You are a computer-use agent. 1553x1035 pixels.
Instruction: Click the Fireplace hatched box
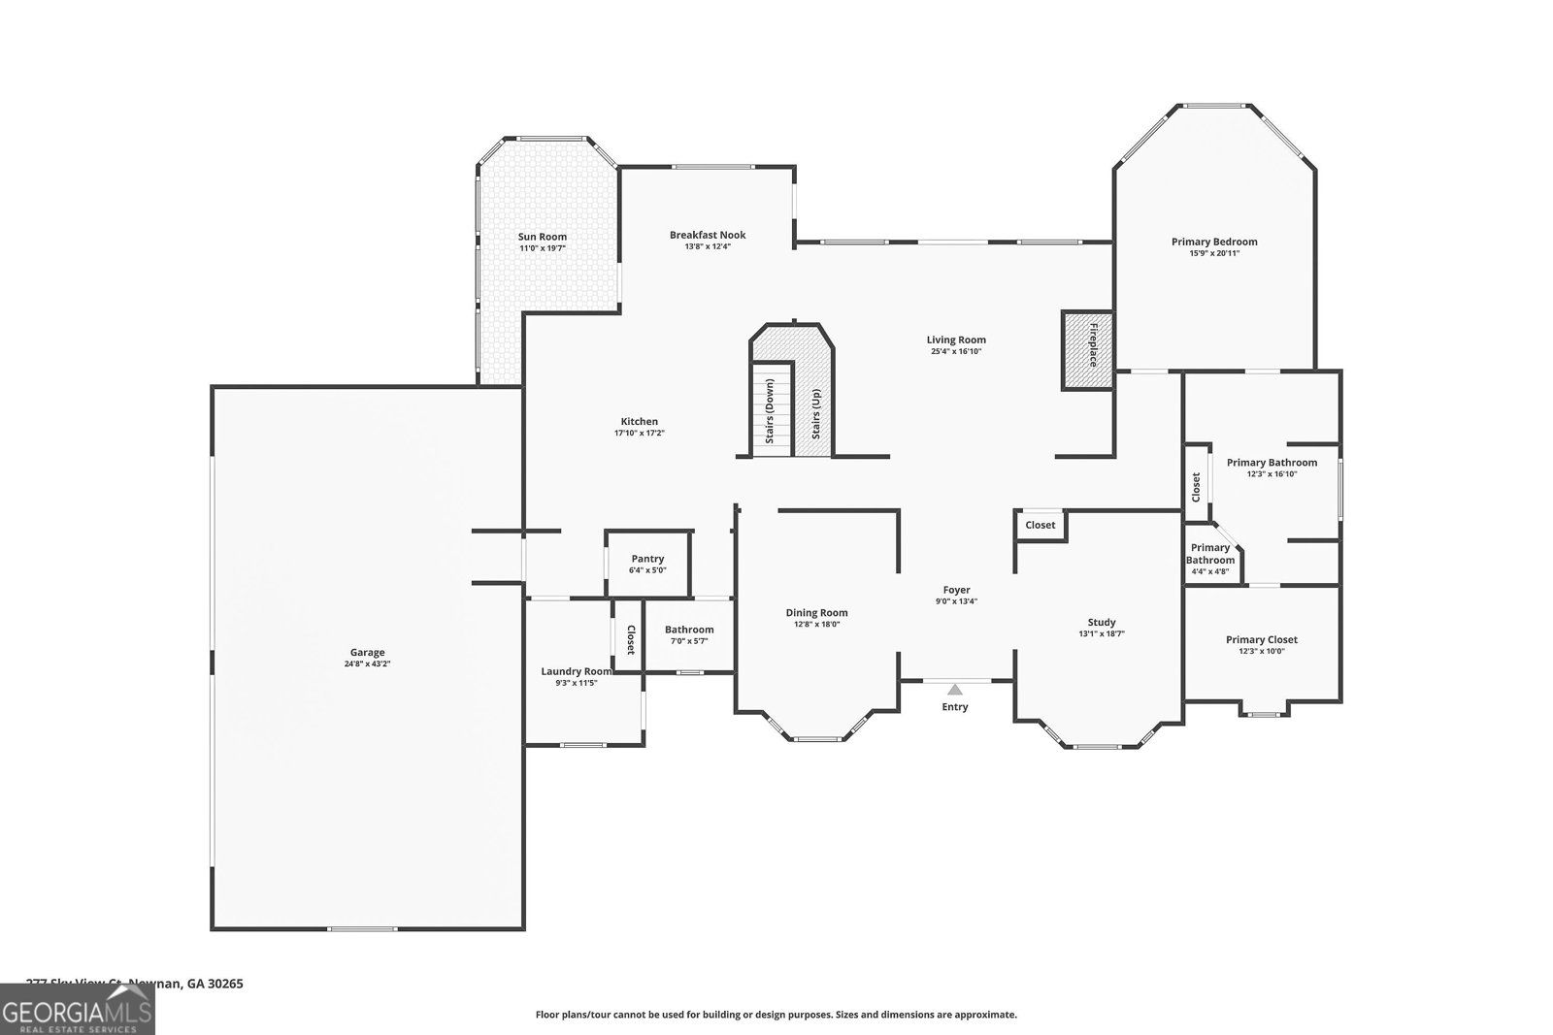click(1087, 349)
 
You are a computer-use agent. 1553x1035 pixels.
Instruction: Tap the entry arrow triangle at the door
click(955, 690)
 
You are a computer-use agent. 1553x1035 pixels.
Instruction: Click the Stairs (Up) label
click(816, 412)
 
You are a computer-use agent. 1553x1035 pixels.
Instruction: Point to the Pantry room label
click(647, 559)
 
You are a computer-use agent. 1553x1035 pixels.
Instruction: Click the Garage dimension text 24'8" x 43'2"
click(367, 664)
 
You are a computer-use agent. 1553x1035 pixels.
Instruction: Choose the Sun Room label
click(542, 237)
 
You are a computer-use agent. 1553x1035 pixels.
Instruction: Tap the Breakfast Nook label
click(708, 235)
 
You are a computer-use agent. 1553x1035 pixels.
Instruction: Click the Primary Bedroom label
click(1213, 242)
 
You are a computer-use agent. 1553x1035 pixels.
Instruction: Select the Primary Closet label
click(1261, 639)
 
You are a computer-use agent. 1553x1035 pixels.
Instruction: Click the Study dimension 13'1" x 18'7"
click(1101, 633)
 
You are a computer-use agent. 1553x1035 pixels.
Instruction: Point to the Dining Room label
click(816, 612)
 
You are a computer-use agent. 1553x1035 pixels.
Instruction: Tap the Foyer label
click(956, 590)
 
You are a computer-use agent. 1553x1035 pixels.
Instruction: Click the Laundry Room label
click(576, 671)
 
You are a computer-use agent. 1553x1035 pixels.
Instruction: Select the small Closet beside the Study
click(1040, 525)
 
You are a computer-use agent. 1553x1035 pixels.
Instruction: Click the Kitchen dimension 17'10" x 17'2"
click(639, 433)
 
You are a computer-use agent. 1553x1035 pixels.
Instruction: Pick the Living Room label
click(956, 340)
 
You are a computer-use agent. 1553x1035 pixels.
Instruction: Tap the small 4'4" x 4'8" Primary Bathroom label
click(1210, 560)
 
